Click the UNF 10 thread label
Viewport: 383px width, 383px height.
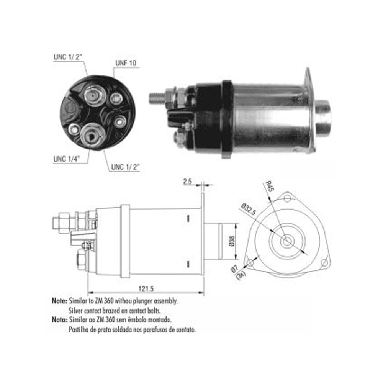point(126,63)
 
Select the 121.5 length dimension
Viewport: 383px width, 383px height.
point(146,289)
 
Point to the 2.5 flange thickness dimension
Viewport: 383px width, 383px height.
point(187,181)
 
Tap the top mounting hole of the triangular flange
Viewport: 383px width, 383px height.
point(287,198)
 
